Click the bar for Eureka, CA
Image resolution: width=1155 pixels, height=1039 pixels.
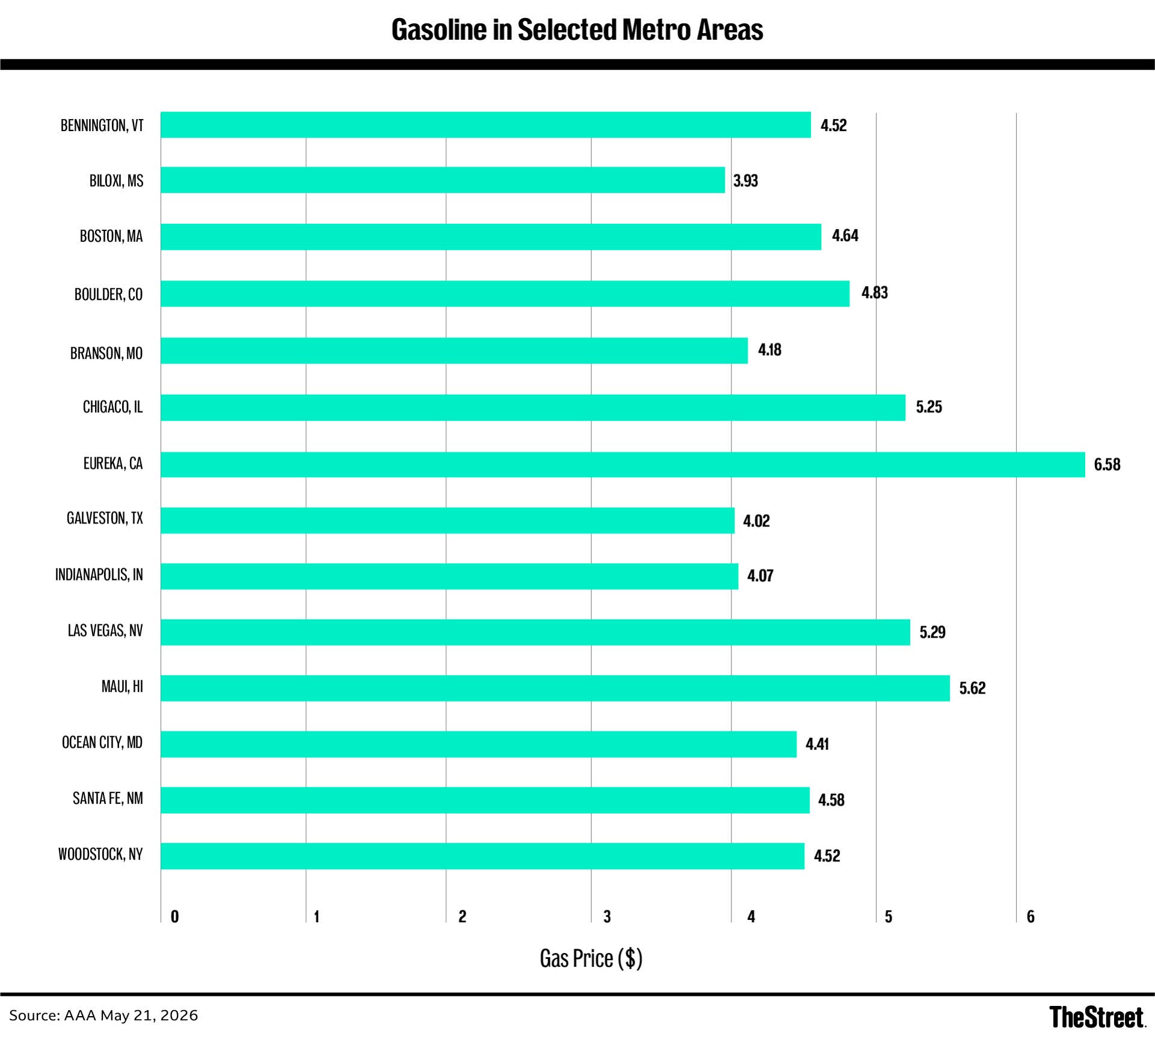click(x=623, y=464)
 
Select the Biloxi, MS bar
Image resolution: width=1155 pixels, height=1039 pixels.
click(x=443, y=180)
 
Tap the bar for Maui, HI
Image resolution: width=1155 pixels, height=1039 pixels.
click(x=555, y=688)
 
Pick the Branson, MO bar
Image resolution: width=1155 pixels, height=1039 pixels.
click(x=454, y=350)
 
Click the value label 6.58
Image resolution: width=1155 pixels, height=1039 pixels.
click(x=1107, y=464)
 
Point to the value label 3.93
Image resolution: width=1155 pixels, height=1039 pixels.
click(x=745, y=180)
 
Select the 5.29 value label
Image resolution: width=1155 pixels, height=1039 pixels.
click(x=932, y=632)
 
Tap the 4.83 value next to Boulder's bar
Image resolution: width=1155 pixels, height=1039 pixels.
click(x=875, y=292)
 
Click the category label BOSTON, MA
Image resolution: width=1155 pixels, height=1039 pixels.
click(x=111, y=236)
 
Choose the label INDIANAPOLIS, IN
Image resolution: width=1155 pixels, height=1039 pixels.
click(x=99, y=575)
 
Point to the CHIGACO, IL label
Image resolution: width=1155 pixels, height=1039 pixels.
click(x=112, y=407)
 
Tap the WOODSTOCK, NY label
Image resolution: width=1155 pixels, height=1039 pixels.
click(x=100, y=854)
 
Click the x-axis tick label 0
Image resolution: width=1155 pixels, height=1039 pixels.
click(x=174, y=916)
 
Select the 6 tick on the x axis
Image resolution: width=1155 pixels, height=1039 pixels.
click(x=1030, y=916)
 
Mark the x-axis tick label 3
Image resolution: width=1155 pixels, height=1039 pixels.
click(x=607, y=916)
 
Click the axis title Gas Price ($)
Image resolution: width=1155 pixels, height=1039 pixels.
click(x=591, y=958)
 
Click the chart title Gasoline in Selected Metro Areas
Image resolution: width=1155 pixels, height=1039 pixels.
click(x=577, y=29)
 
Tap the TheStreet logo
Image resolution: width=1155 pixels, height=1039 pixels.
click(x=1097, y=1017)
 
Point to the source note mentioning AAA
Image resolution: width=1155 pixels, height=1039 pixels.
click(x=103, y=1016)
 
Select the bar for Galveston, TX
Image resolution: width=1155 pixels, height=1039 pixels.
click(x=448, y=520)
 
